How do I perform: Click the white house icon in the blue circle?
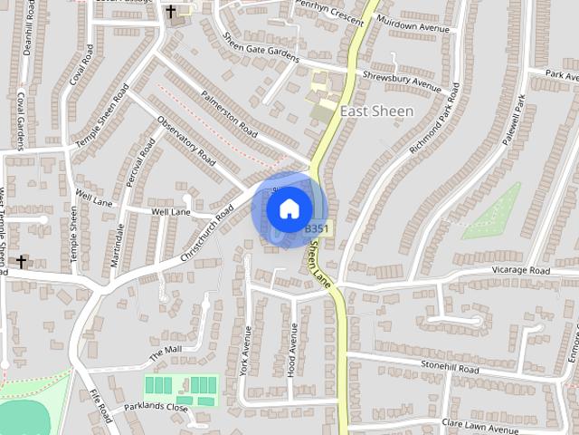(x=288, y=209)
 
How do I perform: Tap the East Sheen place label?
(x=376, y=111)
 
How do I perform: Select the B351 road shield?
(x=316, y=229)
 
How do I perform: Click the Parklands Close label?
(x=155, y=407)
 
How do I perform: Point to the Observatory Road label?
(x=186, y=142)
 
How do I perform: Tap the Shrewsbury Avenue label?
(x=400, y=82)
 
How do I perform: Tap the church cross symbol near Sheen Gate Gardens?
(x=171, y=12)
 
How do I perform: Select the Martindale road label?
(x=117, y=245)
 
